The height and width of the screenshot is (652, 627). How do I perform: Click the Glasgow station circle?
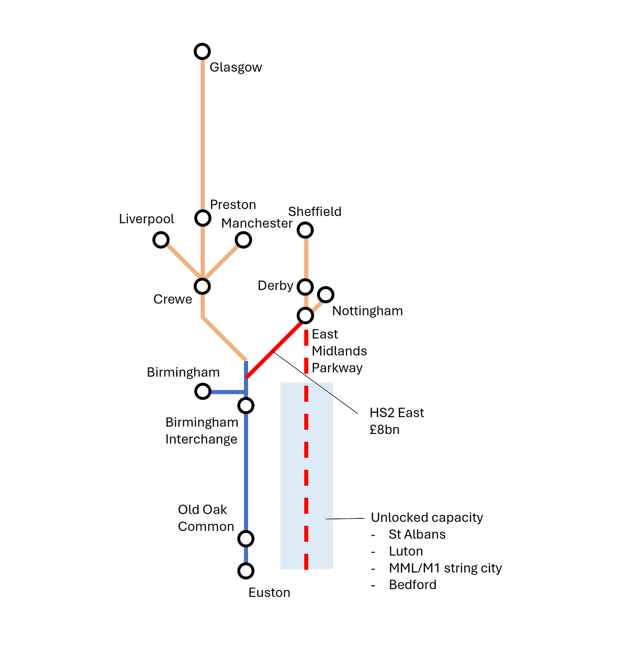tap(202, 51)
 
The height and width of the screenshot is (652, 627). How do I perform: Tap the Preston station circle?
tap(202, 218)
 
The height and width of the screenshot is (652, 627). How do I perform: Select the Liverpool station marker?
tap(161, 240)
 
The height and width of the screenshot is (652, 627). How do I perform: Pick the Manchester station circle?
tap(243, 240)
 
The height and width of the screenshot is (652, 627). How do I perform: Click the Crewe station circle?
tap(202, 286)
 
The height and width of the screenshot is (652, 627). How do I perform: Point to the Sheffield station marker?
tap(305, 230)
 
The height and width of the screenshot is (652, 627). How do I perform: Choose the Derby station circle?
tap(305, 286)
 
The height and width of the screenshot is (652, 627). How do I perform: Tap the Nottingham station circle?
tap(326, 295)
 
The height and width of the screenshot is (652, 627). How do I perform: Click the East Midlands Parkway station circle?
tap(305, 315)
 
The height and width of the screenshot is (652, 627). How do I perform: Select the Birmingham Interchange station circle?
tap(246, 406)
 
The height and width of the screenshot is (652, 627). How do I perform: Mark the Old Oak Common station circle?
tap(246, 538)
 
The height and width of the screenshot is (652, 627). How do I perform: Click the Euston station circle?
tap(246, 571)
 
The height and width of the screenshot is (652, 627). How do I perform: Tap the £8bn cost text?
tap(385, 430)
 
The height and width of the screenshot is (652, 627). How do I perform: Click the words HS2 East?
tap(397, 413)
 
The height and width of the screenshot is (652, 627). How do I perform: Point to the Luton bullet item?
tap(406, 551)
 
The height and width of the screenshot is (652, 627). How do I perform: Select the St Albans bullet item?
tap(417, 534)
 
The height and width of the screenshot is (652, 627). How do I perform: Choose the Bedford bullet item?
tap(413, 585)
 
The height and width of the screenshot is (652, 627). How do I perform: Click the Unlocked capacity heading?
tap(427, 518)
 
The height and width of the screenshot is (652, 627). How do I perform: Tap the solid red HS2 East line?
tap(273, 350)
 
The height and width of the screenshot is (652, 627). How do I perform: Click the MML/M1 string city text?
tap(445, 568)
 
